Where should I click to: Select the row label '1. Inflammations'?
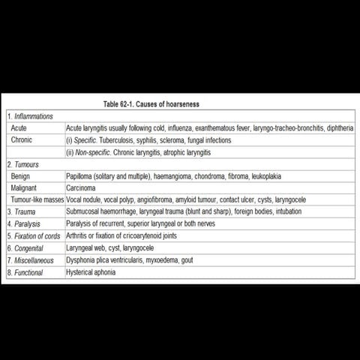coord(30,116)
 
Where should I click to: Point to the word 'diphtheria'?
coord(337,128)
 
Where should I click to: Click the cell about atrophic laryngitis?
coord(139,151)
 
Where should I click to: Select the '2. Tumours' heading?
coord(23,163)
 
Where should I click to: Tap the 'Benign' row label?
coord(22,175)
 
